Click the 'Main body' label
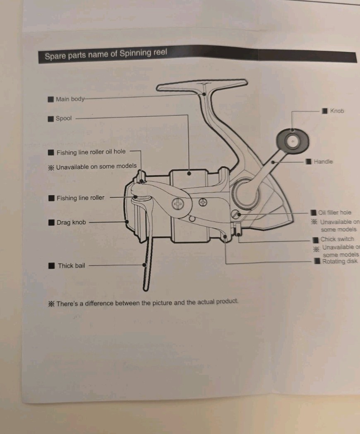70,99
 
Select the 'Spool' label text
64,119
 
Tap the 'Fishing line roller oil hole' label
91,152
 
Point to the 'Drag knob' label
71,222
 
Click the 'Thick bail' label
71,266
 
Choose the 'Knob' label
337,111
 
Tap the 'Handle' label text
323,161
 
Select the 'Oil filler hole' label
334,212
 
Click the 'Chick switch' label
337,239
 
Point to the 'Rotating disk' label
340,261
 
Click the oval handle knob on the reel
293,141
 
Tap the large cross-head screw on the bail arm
178,204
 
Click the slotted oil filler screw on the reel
235,214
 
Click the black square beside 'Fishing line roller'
52,198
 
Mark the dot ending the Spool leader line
189,174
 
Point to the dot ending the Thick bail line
144,265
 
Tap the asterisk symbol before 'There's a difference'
51,304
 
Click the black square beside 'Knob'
324,111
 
